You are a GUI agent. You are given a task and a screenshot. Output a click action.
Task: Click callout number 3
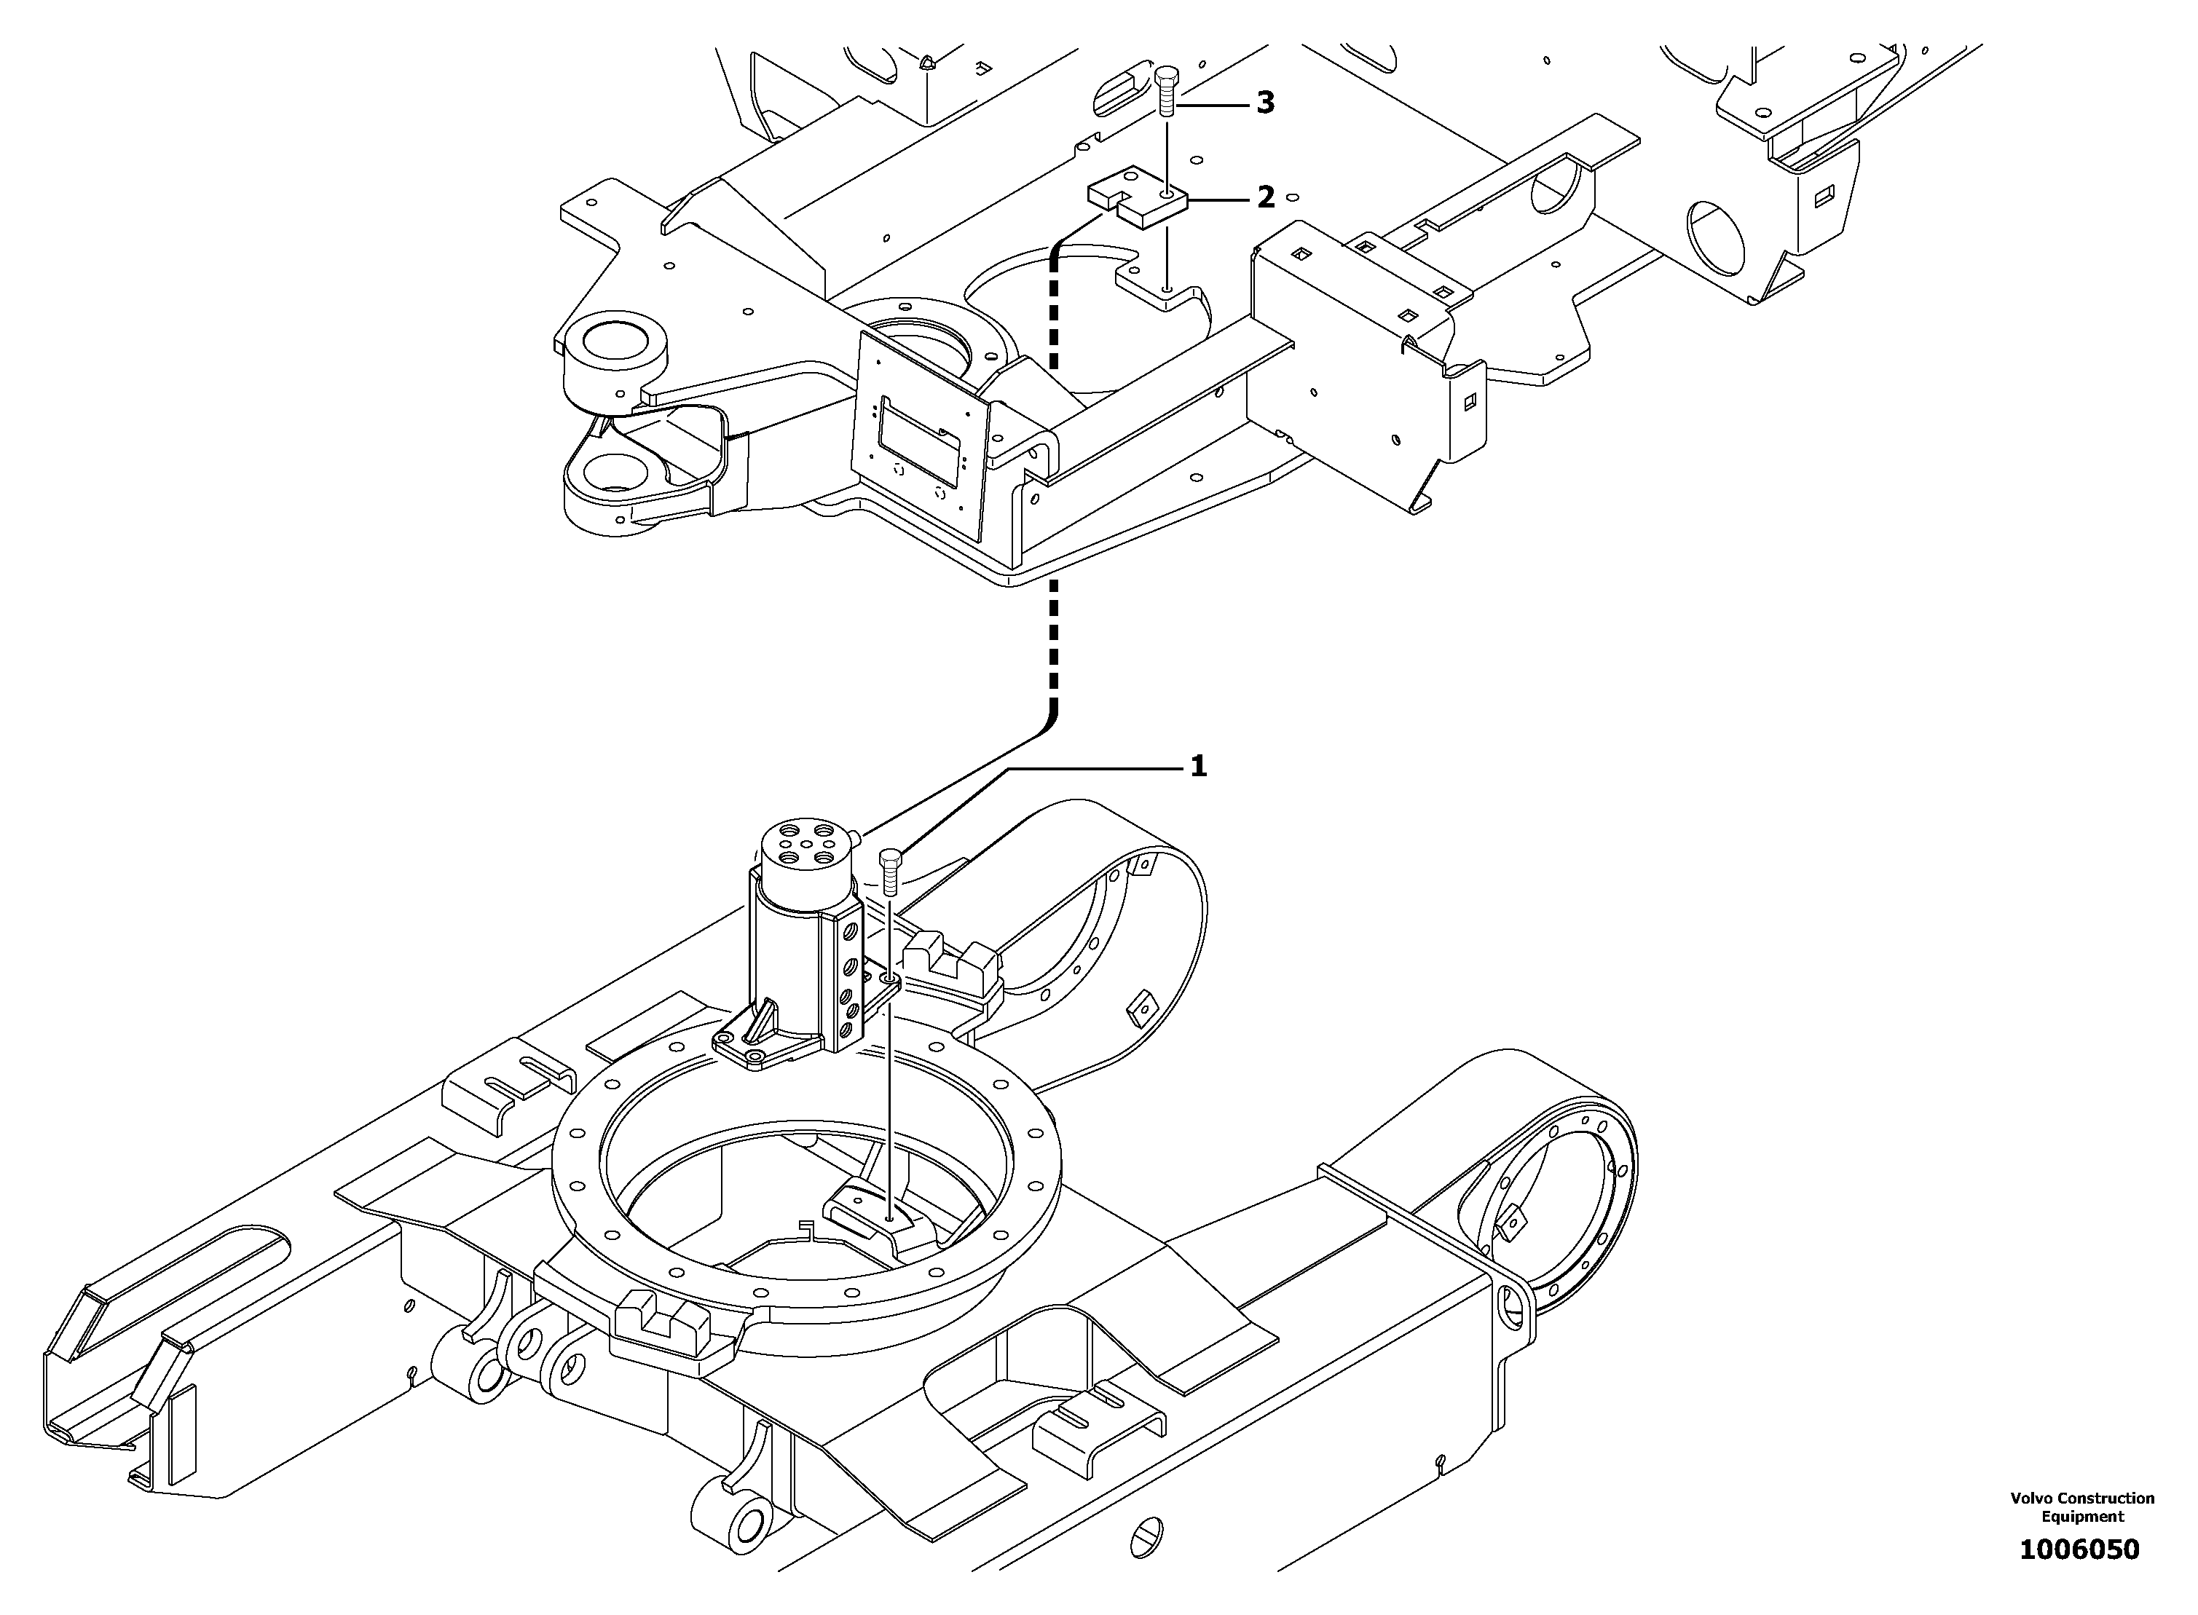click(x=1265, y=103)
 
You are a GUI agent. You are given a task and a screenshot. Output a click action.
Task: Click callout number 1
click(x=1198, y=767)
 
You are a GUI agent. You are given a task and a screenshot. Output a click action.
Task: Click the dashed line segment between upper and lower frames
click(x=1053, y=645)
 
